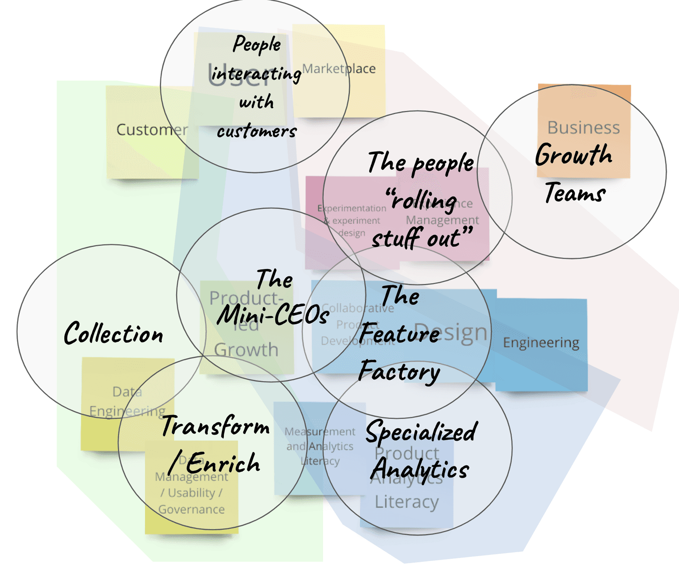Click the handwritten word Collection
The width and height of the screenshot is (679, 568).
coord(113,333)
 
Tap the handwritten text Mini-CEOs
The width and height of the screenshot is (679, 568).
coord(273,316)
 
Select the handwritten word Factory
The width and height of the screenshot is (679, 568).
coord(399,372)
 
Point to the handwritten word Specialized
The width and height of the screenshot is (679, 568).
coord(421,432)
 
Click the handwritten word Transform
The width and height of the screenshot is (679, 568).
coord(215,426)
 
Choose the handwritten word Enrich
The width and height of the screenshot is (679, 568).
coord(223,464)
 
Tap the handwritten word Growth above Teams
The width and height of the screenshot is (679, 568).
coord(574,155)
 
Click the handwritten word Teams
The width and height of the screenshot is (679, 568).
coord(575,193)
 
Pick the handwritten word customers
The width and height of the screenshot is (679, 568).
coord(256,132)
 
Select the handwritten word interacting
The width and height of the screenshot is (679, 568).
coord(256,74)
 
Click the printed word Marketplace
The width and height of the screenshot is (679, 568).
coord(339,69)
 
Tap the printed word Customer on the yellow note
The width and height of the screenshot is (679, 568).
coord(152,130)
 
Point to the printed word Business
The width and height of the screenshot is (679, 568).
coord(583,127)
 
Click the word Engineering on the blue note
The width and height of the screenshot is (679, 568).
coord(541,343)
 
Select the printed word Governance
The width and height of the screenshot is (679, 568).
coord(191,509)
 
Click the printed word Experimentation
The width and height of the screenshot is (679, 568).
coord(352,208)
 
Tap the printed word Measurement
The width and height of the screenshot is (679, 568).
coord(320,432)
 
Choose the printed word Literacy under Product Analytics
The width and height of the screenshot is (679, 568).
coord(407,502)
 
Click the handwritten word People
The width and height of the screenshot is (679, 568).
coord(257,45)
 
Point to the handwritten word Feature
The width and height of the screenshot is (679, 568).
coord(399,333)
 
